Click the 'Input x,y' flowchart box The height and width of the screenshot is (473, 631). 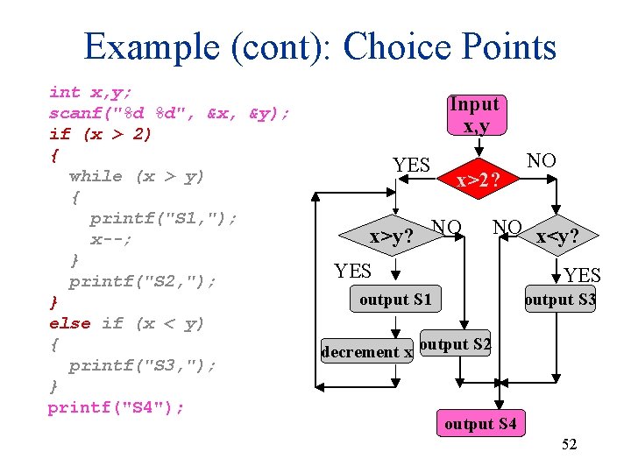[474, 115]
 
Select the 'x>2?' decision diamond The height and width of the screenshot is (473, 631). [478, 180]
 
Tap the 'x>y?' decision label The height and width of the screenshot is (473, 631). [391, 236]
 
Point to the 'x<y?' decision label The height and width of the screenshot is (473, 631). [557, 236]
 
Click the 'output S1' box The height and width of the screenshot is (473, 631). [395, 300]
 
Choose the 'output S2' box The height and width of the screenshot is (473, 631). [455, 344]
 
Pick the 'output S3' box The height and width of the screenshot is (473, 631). [559, 300]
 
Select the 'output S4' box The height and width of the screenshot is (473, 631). [480, 425]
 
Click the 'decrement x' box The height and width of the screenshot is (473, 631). [366, 351]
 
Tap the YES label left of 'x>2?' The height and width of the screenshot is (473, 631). [411, 165]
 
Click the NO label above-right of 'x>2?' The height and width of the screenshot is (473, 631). [541, 160]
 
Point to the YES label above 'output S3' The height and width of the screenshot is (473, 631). [583, 276]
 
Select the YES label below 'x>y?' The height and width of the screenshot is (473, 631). [352, 272]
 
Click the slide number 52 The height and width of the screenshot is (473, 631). [569, 445]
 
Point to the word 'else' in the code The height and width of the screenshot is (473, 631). [70, 323]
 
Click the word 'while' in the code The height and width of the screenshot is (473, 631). [96, 176]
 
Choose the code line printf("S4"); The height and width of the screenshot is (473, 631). [117, 407]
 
